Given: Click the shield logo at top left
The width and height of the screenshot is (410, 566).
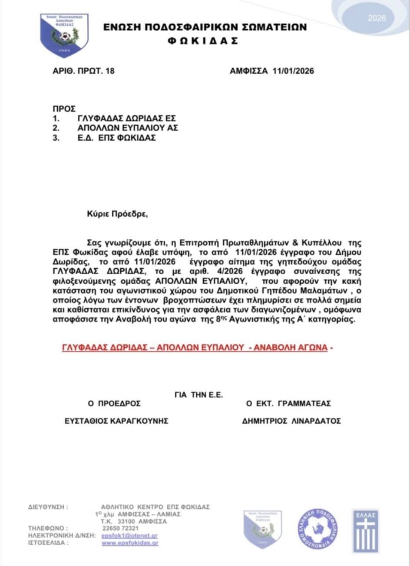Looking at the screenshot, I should [64, 35].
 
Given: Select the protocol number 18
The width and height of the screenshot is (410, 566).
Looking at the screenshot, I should [110, 71].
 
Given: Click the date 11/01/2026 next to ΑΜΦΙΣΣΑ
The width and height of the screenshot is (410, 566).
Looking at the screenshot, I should [293, 71].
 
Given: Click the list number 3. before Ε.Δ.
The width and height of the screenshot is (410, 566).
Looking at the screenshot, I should [56, 138].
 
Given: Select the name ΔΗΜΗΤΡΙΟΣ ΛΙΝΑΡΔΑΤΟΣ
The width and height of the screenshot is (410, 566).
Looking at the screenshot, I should [291, 421].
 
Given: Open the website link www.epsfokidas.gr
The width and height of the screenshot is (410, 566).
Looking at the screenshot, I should [130, 543].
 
